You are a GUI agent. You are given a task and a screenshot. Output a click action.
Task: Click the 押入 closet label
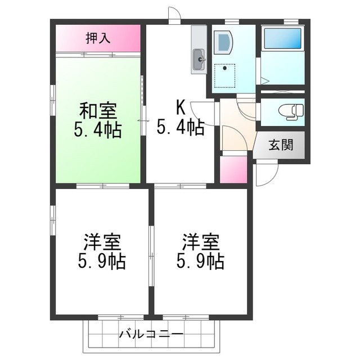coord(98,38)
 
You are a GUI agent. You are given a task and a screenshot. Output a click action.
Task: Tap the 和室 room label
coord(98,111)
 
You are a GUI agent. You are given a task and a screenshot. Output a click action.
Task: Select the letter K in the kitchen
coord(181,108)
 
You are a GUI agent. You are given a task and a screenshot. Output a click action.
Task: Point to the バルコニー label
coord(151,334)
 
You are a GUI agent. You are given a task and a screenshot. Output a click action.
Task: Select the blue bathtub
coord(282,38)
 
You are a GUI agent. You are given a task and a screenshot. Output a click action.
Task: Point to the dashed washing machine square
coord(225,76)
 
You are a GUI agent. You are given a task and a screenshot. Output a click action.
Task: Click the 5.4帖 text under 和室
coord(98,130)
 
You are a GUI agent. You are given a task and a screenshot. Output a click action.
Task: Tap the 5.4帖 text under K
coord(181,127)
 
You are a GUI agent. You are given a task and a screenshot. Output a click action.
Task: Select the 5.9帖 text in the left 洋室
coord(102,261)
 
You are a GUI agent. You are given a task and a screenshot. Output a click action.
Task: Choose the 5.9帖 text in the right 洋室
coord(200,261)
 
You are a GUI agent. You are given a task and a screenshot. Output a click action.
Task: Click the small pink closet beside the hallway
coord(233,170)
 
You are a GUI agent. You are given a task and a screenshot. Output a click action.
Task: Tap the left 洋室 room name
coord(102,242)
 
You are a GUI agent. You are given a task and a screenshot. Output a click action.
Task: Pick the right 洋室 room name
coord(200,242)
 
